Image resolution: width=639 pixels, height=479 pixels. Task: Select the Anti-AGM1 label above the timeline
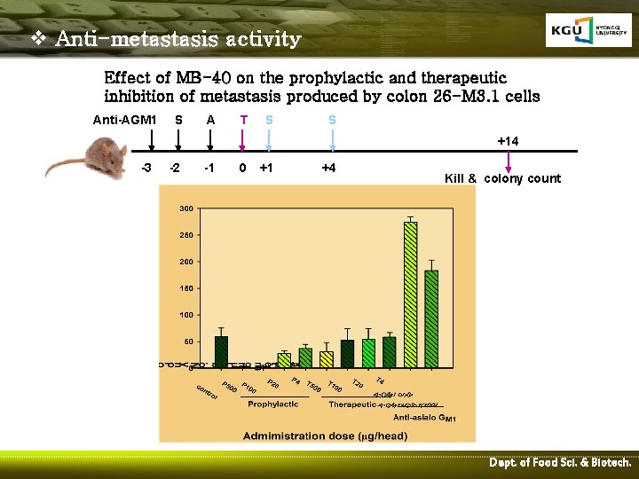tap(125, 120)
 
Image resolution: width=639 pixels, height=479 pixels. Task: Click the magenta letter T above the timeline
tap(243, 120)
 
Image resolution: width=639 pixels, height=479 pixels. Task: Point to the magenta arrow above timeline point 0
tap(243, 142)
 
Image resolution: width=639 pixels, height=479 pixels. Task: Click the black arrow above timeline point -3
tap(152, 142)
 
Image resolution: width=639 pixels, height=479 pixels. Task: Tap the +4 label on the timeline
tap(327, 168)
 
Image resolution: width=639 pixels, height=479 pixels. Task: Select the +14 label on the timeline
tap(508, 141)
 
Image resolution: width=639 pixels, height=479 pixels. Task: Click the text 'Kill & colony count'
tap(502, 178)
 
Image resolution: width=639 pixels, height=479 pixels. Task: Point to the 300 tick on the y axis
tap(187, 208)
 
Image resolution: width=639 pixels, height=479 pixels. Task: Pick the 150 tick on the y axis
tap(187, 288)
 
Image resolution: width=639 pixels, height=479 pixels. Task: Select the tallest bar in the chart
tap(410, 293)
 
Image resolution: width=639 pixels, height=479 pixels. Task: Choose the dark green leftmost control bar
tap(221, 351)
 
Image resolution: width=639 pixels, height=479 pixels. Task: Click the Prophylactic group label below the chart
tap(273, 404)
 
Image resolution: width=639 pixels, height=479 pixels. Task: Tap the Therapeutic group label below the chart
tap(352, 404)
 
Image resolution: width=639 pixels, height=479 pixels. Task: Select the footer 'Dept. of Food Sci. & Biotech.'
tap(560, 463)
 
